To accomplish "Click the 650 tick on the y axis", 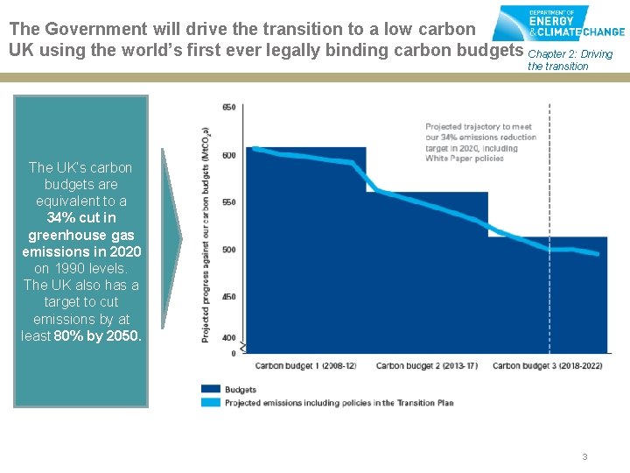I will [x=228, y=108].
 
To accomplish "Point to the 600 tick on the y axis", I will [x=228, y=156].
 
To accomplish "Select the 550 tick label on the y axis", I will [x=228, y=202].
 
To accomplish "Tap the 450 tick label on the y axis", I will [x=228, y=297].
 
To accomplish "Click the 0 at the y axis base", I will [x=233, y=353].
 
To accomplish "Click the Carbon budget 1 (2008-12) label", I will [x=305, y=366].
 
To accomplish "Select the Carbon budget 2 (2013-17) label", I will [x=427, y=366].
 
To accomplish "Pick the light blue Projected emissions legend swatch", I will [x=211, y=403].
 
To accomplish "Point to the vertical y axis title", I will [x=206, y=233].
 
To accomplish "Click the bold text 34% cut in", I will [x=80, y=218].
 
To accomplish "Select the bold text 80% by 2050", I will [x=97, y=335].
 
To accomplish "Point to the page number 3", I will [x=584, y=456].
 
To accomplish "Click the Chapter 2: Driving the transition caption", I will [x=570, y=60].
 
